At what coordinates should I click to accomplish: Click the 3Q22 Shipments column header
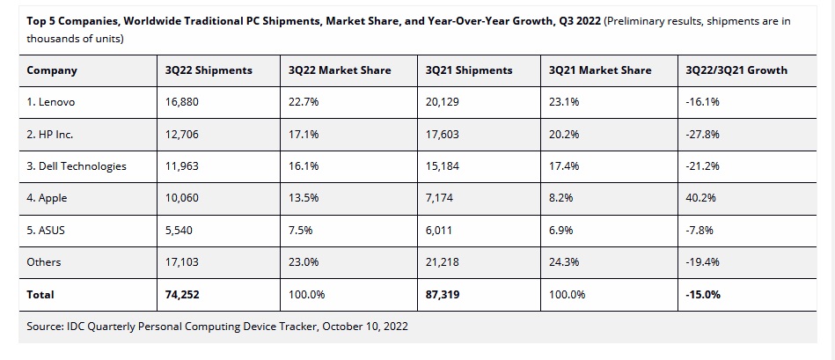[x=208, y=70]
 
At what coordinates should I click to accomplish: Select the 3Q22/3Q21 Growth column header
[x=736, y=70]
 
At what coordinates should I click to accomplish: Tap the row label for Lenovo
[x=51, y=102]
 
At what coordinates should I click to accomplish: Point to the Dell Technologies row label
[x=77, y=166]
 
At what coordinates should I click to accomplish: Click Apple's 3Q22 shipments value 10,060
[x=182, y=198]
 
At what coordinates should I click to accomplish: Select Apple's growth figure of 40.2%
[x=700, y=198]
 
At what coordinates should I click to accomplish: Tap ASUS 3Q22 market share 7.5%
[x=300, y=231]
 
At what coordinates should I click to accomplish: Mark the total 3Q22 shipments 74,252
[x=182, y=295]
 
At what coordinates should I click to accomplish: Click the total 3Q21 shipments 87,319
[x=443, y=295]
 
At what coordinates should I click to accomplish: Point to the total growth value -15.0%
[x=703, y=295]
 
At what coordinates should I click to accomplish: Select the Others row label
[x=44, y=262]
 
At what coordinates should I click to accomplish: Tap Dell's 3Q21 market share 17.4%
[x=560, y=166]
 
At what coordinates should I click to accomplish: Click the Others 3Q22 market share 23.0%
[x=304, y=262]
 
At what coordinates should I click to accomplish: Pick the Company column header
[x=52, y=70]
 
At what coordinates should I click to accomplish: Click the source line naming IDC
[x=217, y=327]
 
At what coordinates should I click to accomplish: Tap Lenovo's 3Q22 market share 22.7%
[x=304, y=102]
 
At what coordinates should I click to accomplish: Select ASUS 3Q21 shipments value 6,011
[x=439, y=231]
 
